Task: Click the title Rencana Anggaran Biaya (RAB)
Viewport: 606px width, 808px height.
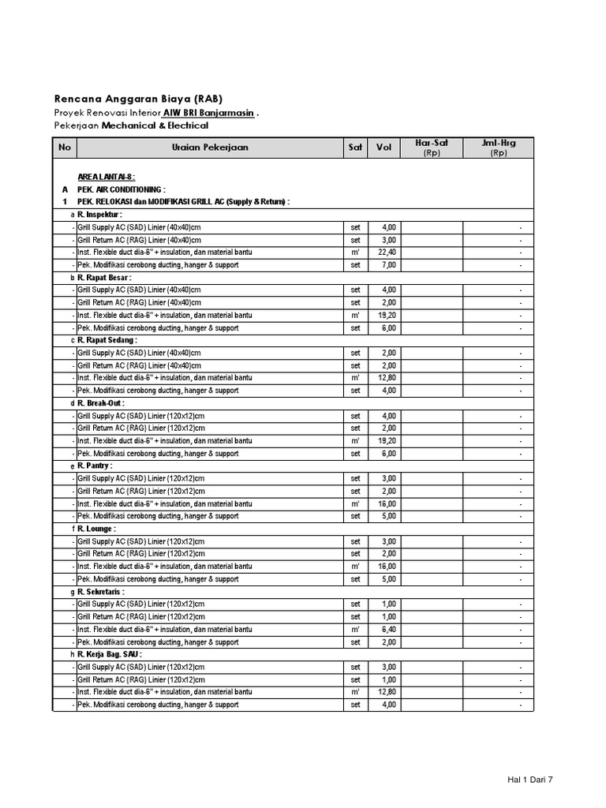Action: [138, 99]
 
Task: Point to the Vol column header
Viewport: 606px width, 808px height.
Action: [384, 148]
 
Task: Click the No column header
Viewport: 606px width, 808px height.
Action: [65, 148]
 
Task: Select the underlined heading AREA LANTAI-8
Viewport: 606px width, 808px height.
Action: [107, 177]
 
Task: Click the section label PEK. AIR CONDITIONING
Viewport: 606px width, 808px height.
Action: [121, 189]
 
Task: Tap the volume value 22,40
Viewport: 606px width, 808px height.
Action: [387, 252]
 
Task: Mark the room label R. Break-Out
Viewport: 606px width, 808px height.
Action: [101, 403]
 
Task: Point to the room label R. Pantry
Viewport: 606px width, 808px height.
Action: [95, 466]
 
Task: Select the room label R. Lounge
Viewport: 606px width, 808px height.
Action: [97, 529]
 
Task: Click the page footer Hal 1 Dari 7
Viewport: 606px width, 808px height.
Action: [530, 780]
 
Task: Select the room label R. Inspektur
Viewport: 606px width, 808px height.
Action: [100, 215]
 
